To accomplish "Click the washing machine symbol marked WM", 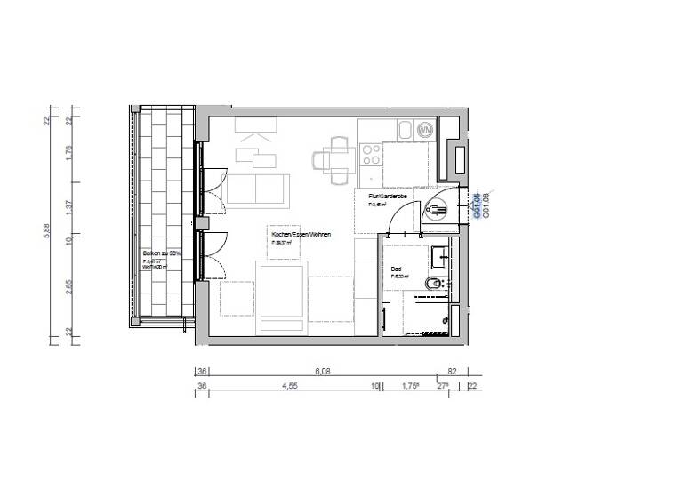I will click(426, 132).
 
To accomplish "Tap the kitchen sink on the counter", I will click(403, 132).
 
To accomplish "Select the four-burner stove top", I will click(370, 157).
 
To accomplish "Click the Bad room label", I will click(397, 268).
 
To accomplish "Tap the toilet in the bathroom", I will click(430, 284).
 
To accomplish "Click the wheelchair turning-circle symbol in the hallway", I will click(435, 211).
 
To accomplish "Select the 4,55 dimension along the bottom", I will click(290, 386).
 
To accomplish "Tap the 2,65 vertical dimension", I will click(68, 285).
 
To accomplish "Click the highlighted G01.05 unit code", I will click(478, 205).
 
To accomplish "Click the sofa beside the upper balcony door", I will click(257, 189).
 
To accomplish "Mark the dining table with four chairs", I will click(338, 160).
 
